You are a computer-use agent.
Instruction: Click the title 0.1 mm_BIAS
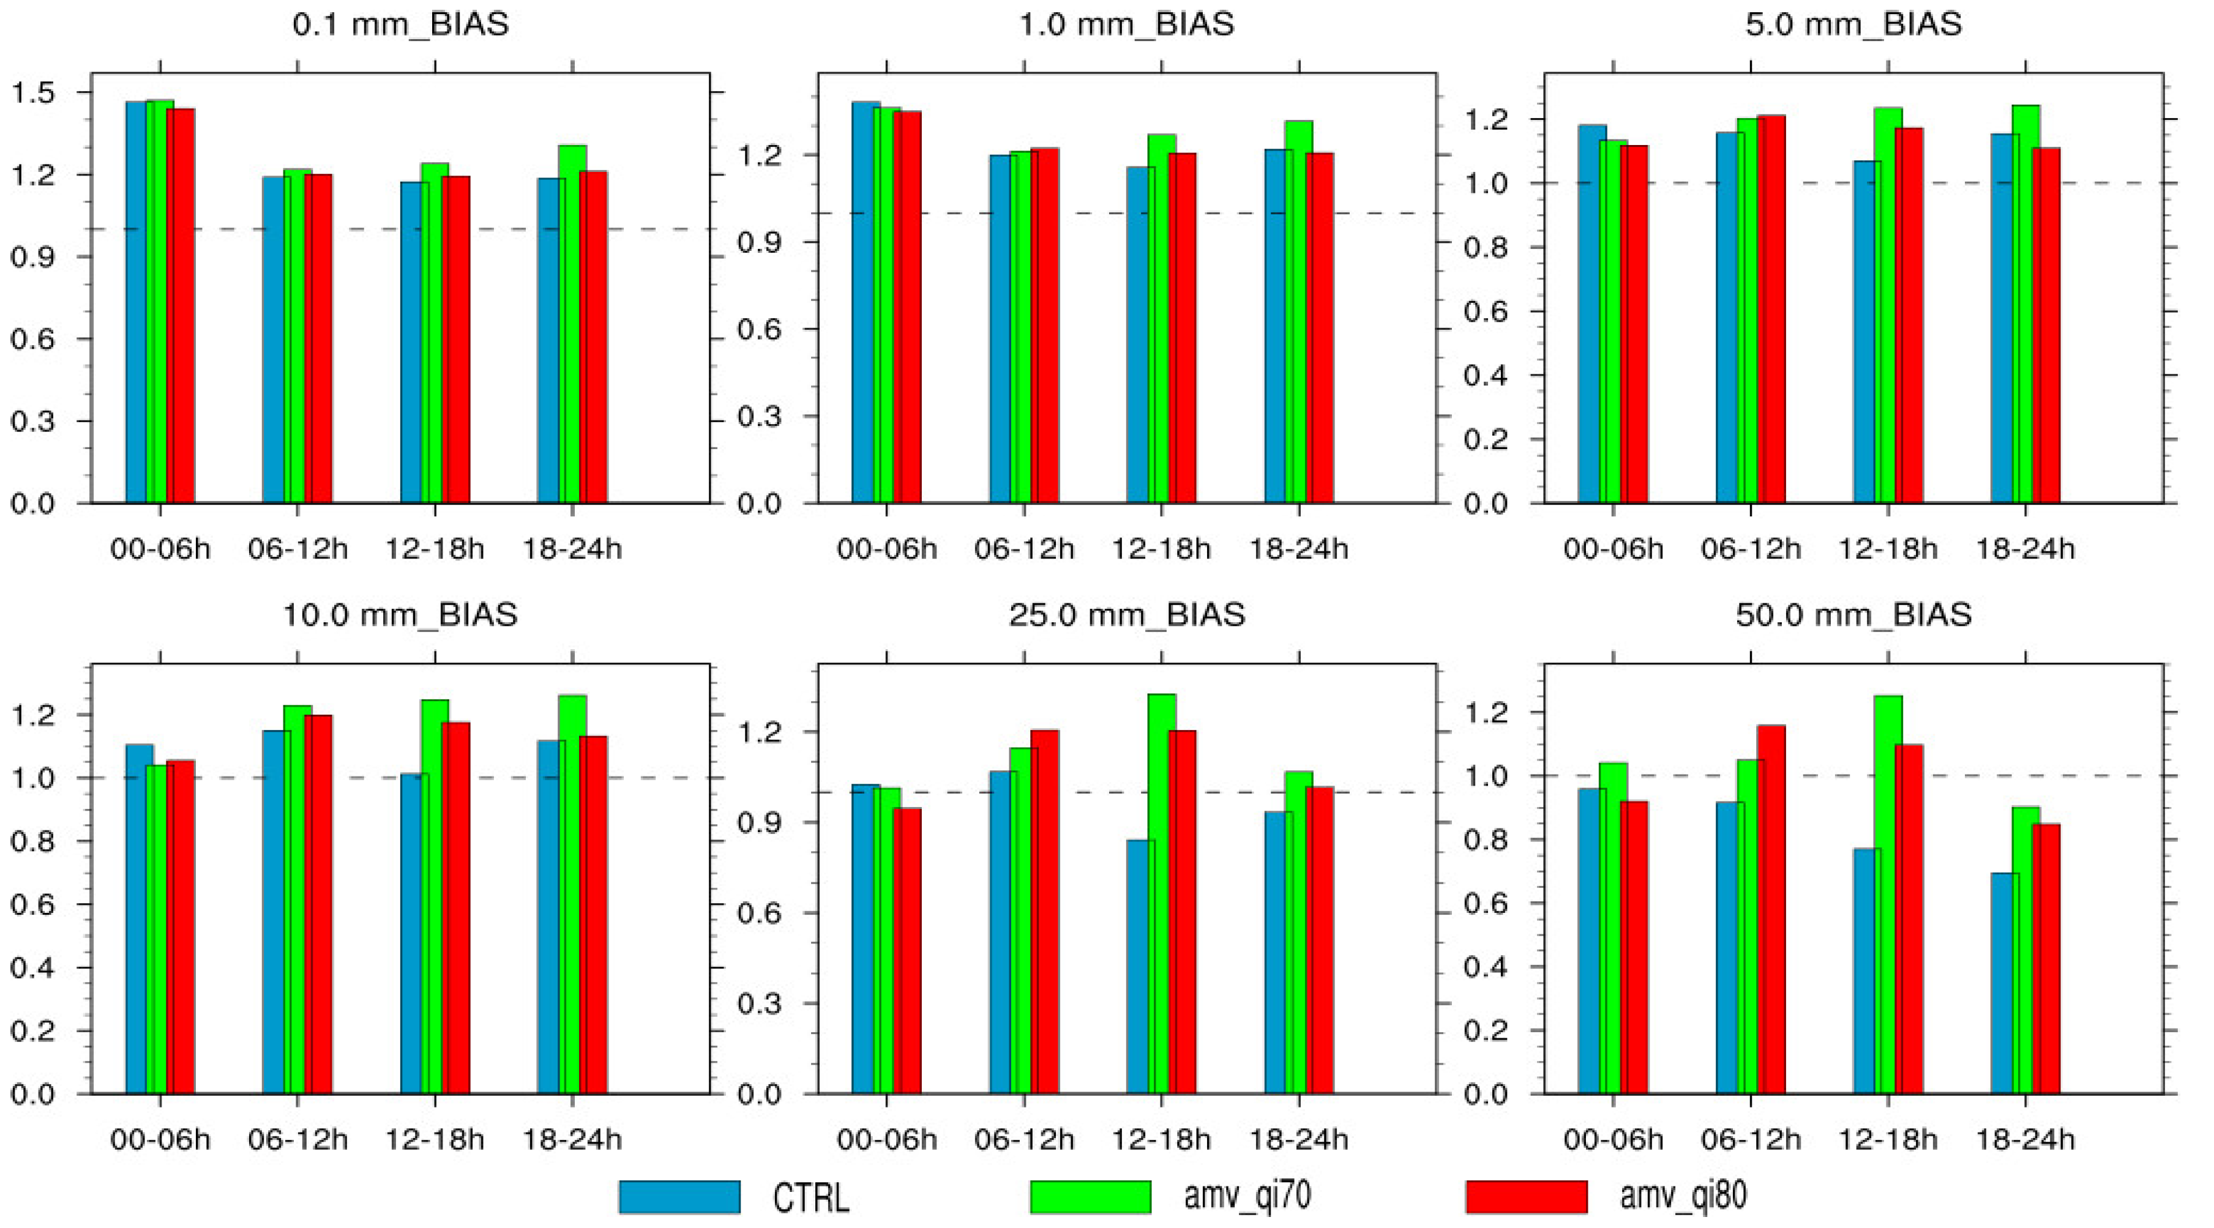[400, 24]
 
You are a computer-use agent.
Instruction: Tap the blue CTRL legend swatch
[679, 1196]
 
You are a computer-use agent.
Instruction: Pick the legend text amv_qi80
[1683, 1196]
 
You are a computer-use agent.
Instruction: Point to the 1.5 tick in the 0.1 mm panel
[32, 93]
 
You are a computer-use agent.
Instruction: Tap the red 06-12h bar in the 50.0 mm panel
[1772, 909]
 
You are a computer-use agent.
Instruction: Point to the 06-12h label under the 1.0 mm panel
[1023, 549]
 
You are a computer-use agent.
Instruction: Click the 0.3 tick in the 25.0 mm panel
[759, 1003]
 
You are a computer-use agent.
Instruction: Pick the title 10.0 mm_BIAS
[400, 616]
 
